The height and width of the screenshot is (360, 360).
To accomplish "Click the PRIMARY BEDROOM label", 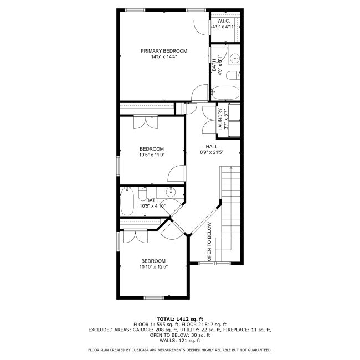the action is (164, 51).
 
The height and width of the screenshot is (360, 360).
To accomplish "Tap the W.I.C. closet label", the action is (224, 21).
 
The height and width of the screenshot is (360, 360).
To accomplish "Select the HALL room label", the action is (212, 146).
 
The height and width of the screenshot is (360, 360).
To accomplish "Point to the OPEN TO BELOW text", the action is (209, 241).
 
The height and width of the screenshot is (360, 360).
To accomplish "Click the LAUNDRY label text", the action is (220, 120).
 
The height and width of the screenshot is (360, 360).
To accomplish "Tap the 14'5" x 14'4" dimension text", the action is (164, 56).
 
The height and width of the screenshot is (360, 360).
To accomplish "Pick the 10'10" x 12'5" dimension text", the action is (153, 267).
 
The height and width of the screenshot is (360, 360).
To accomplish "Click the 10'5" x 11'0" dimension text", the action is (152, 155).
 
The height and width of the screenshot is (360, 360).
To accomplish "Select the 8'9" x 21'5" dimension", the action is (212, 152).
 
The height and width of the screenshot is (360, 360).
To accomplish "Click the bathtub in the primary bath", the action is (225, 92).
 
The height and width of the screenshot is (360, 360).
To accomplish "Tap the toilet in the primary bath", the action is (233, 75).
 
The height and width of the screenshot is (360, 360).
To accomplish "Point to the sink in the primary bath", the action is (235, 58).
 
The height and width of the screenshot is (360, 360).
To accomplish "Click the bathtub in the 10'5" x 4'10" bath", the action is (127, 202).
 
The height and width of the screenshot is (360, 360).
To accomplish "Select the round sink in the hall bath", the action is (171, 192).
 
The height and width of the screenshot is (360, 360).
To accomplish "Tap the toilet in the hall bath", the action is (142, 194).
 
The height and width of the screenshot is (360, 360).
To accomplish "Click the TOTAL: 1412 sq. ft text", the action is (180, 319).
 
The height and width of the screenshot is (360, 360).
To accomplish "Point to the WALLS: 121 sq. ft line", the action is (180, 340).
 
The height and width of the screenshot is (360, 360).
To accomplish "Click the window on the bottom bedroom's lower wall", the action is (154, 298).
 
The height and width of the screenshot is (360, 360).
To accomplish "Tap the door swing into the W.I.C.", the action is (202, 28).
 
